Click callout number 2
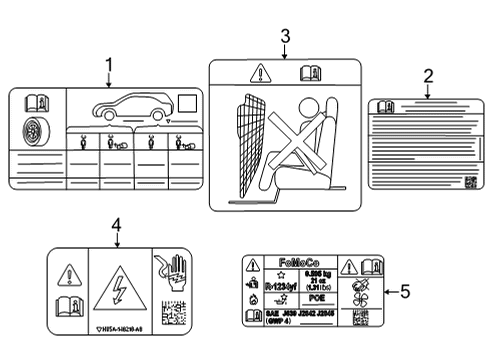pyautogui.click(x=427, y=75)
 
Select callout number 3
pyautogui.click(x=285, y=37)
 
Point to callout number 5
pyautogui.click(x=405, y=291)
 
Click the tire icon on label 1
pyautogui.click(x=32, y=130)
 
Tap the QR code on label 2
pyautogui.click(x=470, y=182)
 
